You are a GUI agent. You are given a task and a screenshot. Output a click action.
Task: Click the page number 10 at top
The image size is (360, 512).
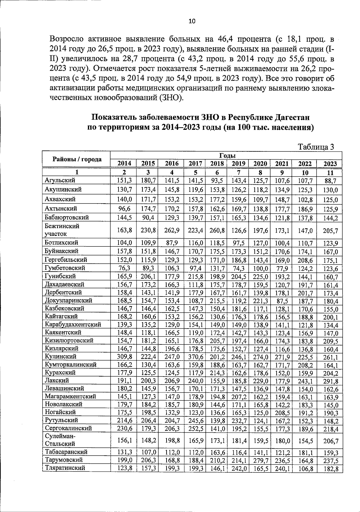pyautogui.click(x=192, y=21)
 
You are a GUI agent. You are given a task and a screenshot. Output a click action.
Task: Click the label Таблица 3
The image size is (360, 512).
pyautogui.click(x=316, y=147)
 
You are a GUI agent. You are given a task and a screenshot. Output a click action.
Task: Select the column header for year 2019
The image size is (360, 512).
pyautogui.click(x=239, y=164)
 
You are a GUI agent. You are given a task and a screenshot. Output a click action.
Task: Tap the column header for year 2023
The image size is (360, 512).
pyautogui.click(x=330, y=164)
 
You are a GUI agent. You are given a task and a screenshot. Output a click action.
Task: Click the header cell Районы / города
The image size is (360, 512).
pyautogui.click(x=77, y=159)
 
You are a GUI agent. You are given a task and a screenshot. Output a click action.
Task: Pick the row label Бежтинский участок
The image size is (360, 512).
pyautogui.click(x=62, y=230)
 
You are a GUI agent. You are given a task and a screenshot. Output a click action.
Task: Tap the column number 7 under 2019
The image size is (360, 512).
pyautogui.click(x=239, y=173)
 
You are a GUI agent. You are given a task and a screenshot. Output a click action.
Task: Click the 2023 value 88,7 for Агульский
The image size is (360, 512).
pyautogui.click(x=330, y=181)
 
